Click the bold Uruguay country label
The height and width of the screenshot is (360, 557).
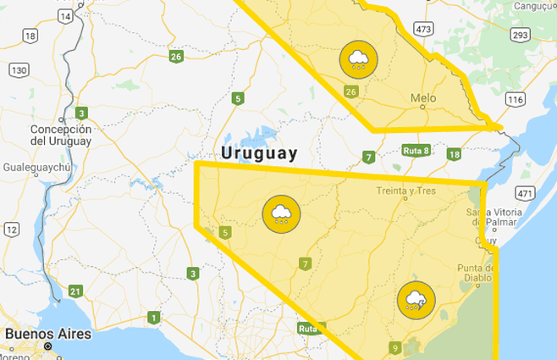point(259,153)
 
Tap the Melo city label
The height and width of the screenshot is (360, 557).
point(423,98)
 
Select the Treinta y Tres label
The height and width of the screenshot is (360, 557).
point(406,191)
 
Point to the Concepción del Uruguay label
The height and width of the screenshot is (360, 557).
point(60,135)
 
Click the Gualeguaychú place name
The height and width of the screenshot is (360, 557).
point(38,168)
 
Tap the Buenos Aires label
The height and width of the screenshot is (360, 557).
point(47,334)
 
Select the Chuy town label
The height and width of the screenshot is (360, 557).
point(486,241)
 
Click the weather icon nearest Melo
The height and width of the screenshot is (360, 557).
point(359,59)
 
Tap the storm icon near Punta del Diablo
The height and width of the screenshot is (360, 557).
point(416,301)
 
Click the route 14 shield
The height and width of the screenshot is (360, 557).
point(65,17)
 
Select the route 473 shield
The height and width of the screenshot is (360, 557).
point(424,30)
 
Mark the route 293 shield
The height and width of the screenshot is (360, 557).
point(521,35)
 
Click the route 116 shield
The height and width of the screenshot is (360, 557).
point(515,100)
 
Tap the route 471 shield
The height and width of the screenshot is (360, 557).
point(525,193)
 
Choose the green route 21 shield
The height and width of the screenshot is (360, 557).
point(75,292)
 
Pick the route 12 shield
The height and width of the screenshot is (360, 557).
point(11,230)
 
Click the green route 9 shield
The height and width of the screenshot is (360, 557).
point(395,347)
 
